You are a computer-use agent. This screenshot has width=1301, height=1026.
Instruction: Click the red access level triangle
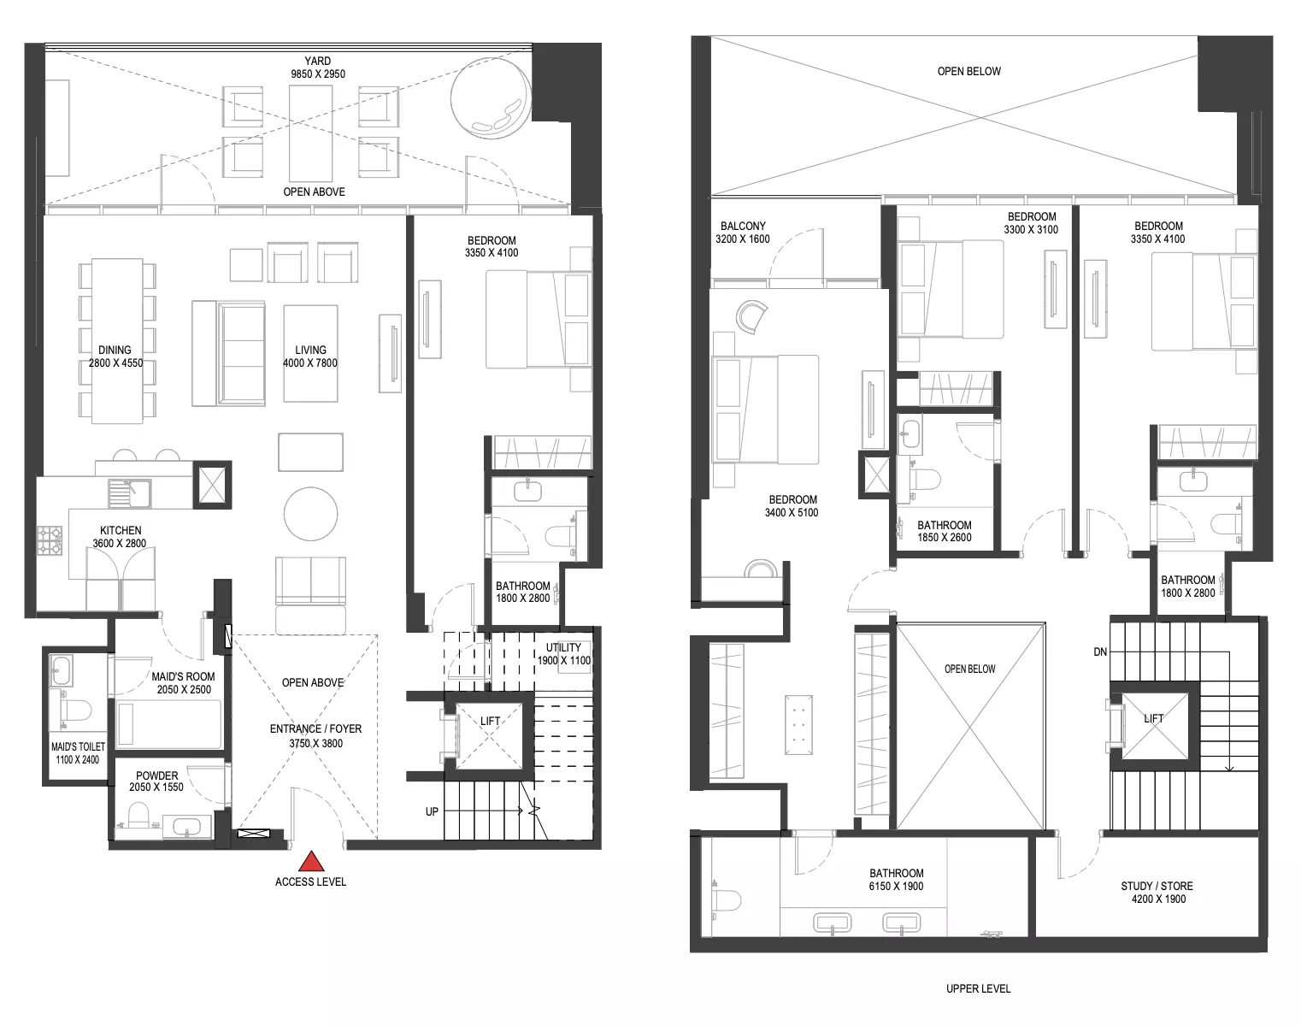[x=311, y=861]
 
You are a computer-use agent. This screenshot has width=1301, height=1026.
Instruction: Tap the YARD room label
[x=317, y=61]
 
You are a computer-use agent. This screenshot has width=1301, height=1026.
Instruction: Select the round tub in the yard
[x=491, y=98]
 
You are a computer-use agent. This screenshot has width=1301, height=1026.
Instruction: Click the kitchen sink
[x=129, y=493]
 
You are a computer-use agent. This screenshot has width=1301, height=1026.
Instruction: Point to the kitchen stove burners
[x=49, y=540]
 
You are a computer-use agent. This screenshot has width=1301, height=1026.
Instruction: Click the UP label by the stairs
[x=432, y=811]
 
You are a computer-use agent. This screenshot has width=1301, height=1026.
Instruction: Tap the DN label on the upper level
[x=1100, y=652]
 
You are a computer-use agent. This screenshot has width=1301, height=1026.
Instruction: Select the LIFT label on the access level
[x=490, y=721]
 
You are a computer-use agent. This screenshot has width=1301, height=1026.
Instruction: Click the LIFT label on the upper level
[x=1153, y=718]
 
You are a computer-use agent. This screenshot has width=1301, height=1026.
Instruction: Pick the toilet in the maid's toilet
[x=75, y=711]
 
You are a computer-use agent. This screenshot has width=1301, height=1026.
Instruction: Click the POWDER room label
[x=156, y=775]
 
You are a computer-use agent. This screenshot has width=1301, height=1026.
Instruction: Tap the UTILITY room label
[x=563, y=647]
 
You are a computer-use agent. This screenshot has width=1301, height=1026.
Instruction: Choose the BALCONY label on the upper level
[x=743, y=226]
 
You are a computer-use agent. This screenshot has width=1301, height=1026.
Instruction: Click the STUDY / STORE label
[x=1157, y=886]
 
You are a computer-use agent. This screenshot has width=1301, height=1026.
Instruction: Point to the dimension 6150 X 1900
[x=896, y=887]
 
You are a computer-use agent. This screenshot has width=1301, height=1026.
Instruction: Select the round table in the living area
[x=311, y=514]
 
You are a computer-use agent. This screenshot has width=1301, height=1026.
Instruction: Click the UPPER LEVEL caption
[x=978, y=988]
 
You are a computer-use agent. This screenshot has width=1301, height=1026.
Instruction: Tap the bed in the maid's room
[x=168, y=723]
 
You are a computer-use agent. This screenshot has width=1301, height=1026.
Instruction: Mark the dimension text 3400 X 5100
[x=792, y=513]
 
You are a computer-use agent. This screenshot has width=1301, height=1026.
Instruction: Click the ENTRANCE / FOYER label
[x=315, y=728]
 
